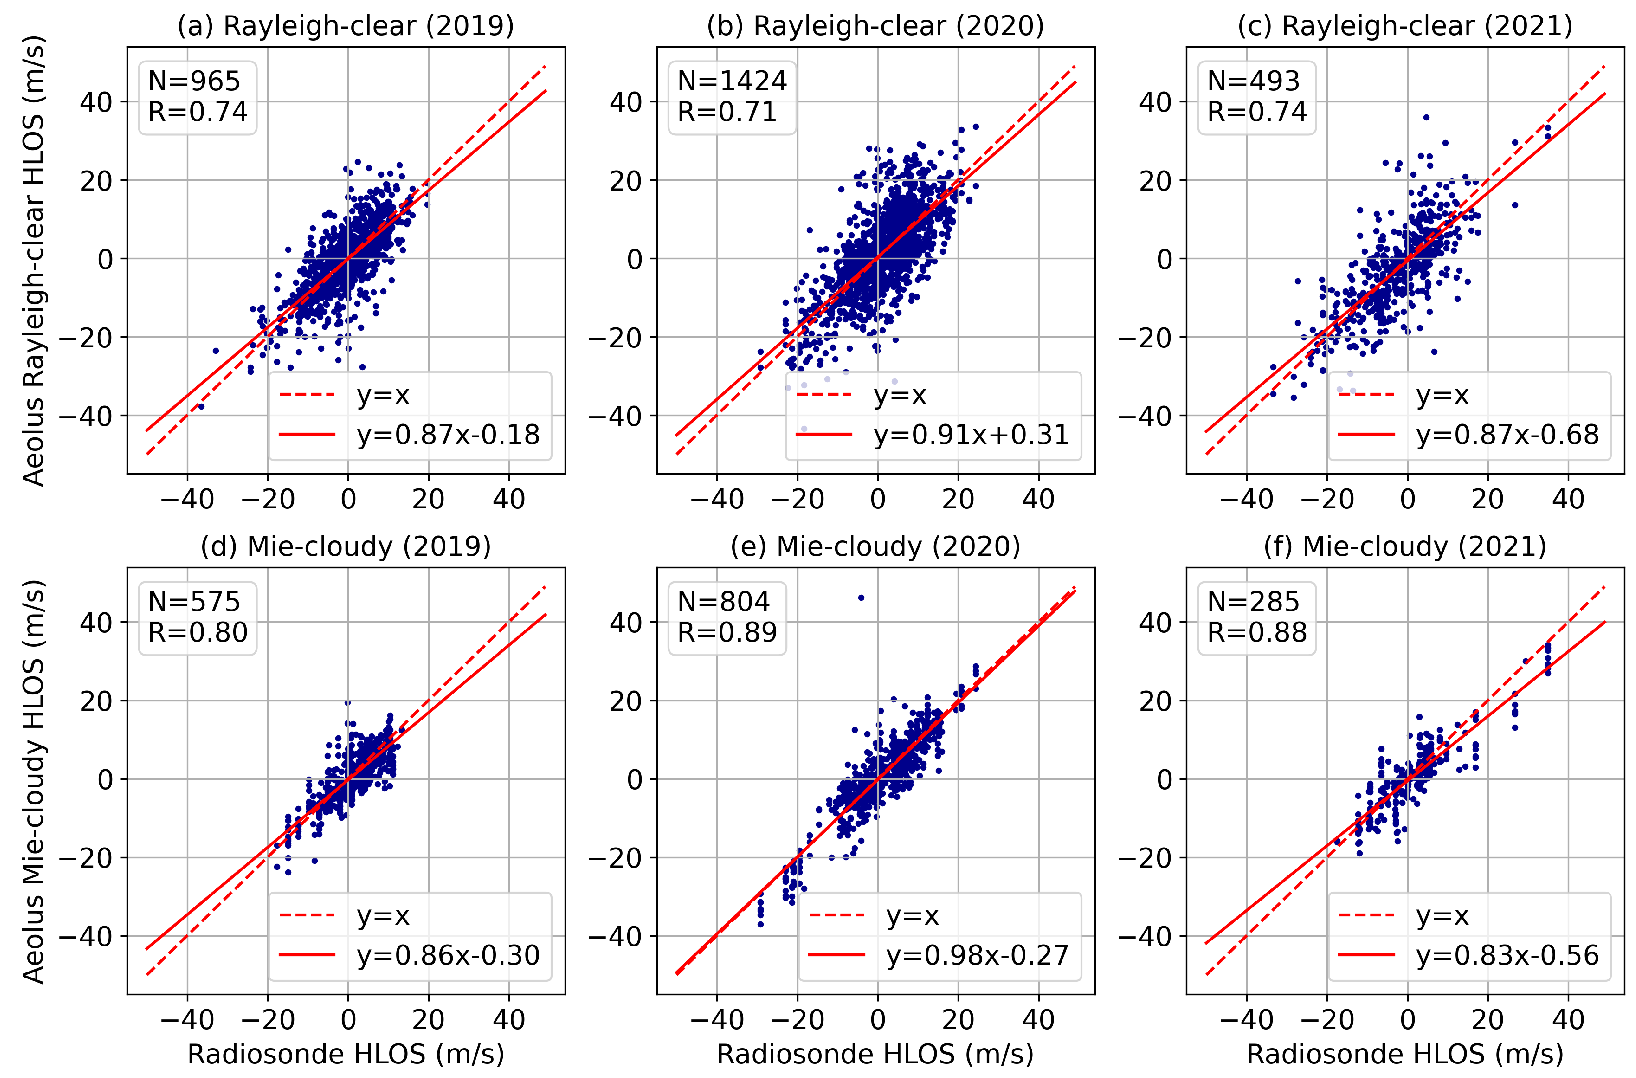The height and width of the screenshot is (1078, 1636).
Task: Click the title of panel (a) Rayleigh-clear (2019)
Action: coord(346,26)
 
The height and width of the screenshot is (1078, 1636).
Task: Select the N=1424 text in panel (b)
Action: coord(731,81)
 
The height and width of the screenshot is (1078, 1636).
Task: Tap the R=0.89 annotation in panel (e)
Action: coord(727,632)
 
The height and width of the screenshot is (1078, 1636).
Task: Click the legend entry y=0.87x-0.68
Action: coord(1507,435)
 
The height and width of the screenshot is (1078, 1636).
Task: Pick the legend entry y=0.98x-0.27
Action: coord(977,955)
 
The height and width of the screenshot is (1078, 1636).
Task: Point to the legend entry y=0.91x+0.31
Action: coord(971,435)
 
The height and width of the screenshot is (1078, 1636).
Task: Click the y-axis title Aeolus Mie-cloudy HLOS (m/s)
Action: coord(33,781)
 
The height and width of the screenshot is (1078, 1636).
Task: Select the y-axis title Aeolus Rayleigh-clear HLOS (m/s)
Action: coord(33,261)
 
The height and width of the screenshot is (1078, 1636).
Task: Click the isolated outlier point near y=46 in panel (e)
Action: coord(861,598)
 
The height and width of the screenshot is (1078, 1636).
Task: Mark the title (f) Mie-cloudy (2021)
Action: coord(1405,546)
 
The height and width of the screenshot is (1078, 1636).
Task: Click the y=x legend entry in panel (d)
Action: coord(383,916)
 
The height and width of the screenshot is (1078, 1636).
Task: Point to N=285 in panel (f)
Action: coord(1253,601)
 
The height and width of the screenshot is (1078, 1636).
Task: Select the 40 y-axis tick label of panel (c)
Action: coord(1154,102)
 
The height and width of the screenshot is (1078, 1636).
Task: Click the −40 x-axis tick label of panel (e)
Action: coord(716,1020)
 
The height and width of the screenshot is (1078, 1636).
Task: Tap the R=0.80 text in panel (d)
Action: coord(197,632)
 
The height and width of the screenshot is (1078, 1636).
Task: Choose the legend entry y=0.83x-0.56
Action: coord(1507,955)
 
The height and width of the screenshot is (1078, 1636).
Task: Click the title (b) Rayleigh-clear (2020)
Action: coord(875,26)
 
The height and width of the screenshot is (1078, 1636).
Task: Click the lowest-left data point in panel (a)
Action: coord(201,407)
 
